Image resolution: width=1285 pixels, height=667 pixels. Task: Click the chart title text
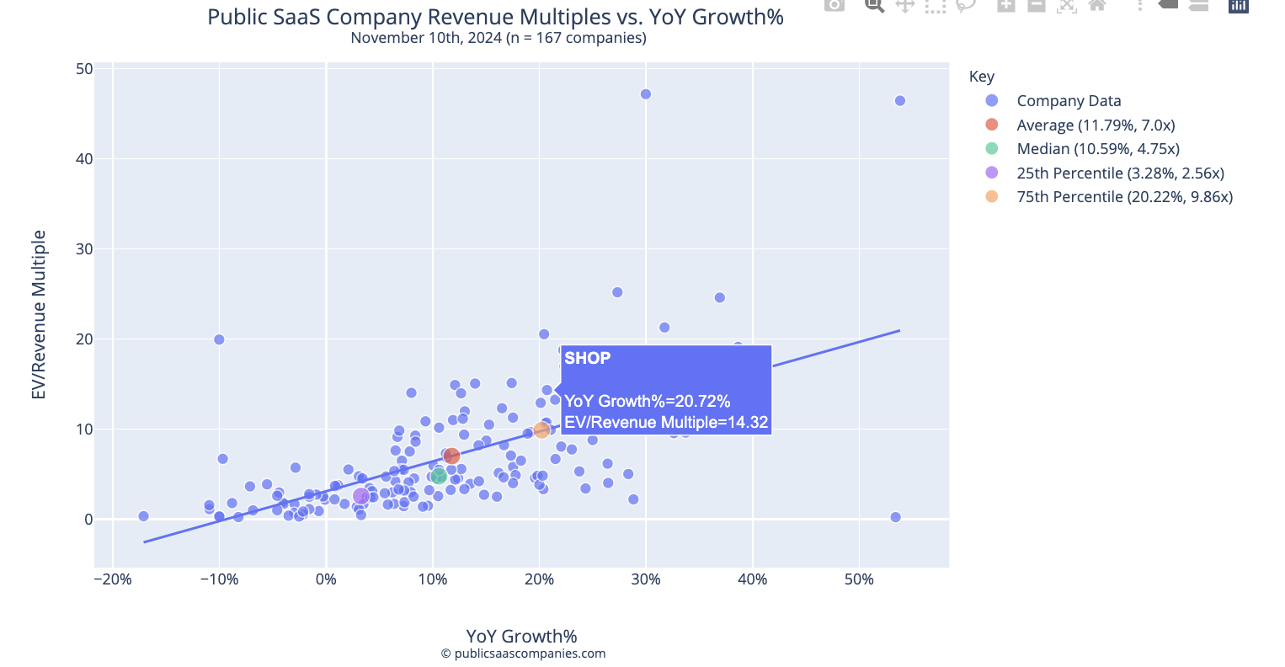[495, 17]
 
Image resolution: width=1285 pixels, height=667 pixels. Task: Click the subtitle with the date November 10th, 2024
[498, 38]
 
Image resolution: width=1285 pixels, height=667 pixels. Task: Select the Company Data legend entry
[1068, 101]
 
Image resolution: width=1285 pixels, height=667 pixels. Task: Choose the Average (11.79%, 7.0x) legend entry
[1095, 125]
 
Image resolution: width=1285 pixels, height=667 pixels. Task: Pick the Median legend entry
[1097, 149]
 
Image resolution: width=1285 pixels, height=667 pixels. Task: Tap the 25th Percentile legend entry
[1119, 173]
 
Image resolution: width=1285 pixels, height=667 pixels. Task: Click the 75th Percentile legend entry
[1123, 197]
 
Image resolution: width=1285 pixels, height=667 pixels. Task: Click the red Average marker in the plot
[451, 456]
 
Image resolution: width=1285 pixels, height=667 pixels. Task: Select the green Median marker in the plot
[439, 477]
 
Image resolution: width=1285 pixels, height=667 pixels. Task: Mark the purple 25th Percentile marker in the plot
[360, 497]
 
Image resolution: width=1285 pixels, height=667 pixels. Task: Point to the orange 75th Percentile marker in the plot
[541, 430]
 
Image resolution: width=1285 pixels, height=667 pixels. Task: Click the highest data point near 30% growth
[645, 94]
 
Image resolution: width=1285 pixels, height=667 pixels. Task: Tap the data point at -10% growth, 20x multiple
[219, 339]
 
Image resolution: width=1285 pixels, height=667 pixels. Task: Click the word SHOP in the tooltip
[587, 359]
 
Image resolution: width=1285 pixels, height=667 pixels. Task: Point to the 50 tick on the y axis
[84, 69]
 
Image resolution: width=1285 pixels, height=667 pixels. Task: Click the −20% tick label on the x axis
[112, 579]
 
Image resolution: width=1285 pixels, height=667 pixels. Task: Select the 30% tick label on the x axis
[645, 579]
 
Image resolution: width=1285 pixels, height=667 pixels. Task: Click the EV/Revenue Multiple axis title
[39, 315]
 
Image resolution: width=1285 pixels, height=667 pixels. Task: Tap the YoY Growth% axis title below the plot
[521, 637]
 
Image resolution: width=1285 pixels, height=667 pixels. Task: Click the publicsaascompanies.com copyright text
[522, 654]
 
